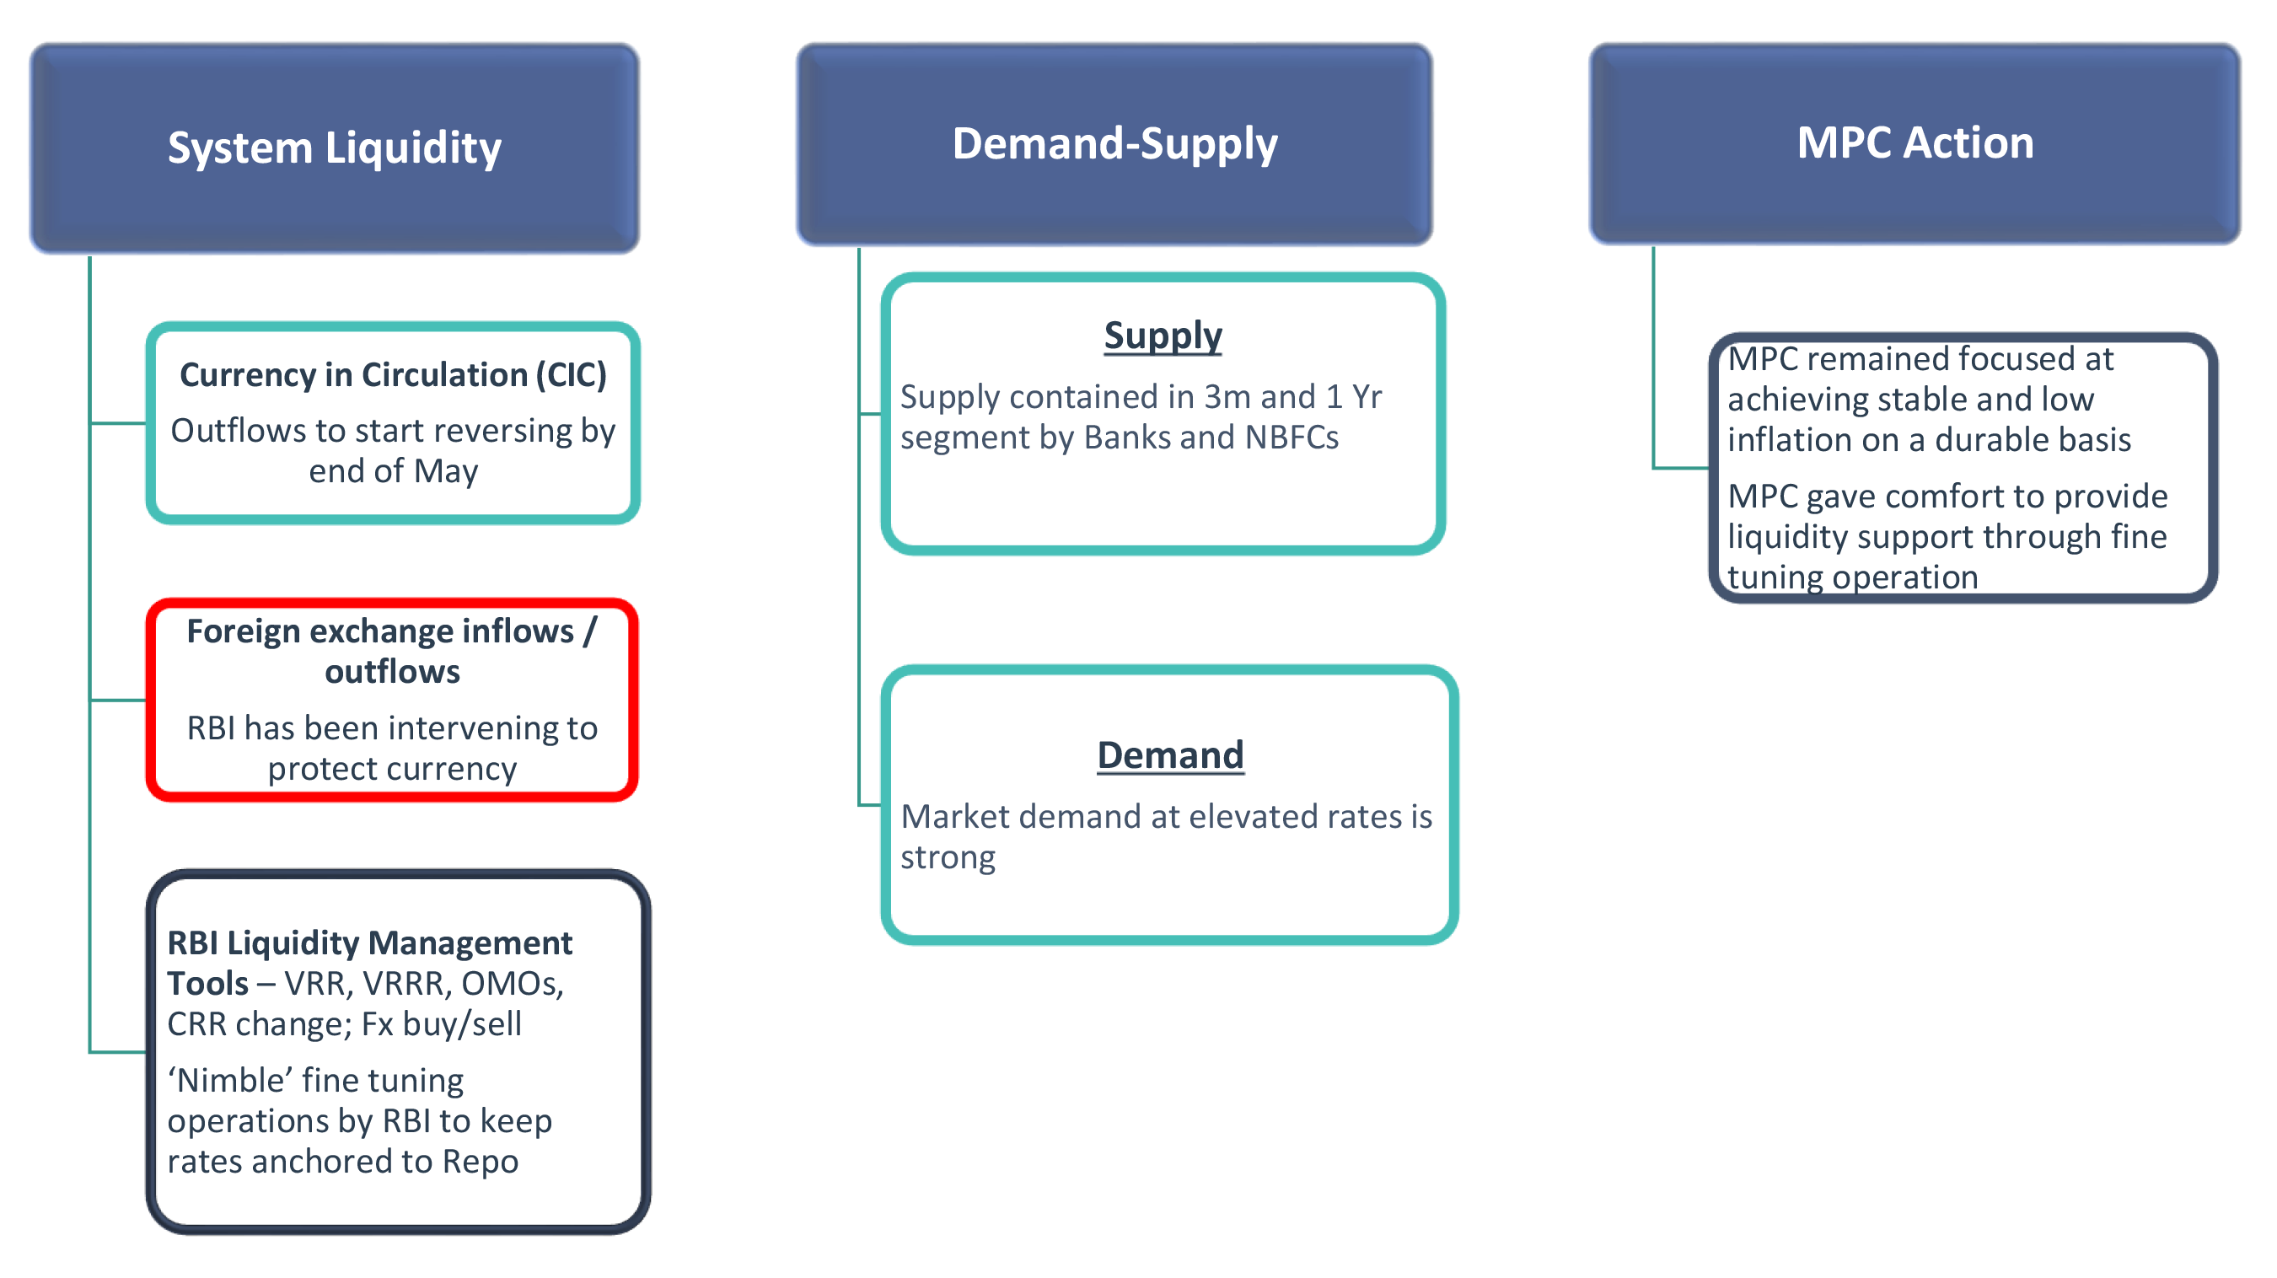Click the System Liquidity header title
tap(334, 147)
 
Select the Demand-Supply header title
tap(1114, 143)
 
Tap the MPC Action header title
tap(1915, 142)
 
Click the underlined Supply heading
tap(1163, 336)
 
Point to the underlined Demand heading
tap(1170, 754)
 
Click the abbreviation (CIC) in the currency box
tap(570, 376)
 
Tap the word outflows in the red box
tap(393, 672)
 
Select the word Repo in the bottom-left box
tap(480, 1163)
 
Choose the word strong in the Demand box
tap(948, 858)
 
